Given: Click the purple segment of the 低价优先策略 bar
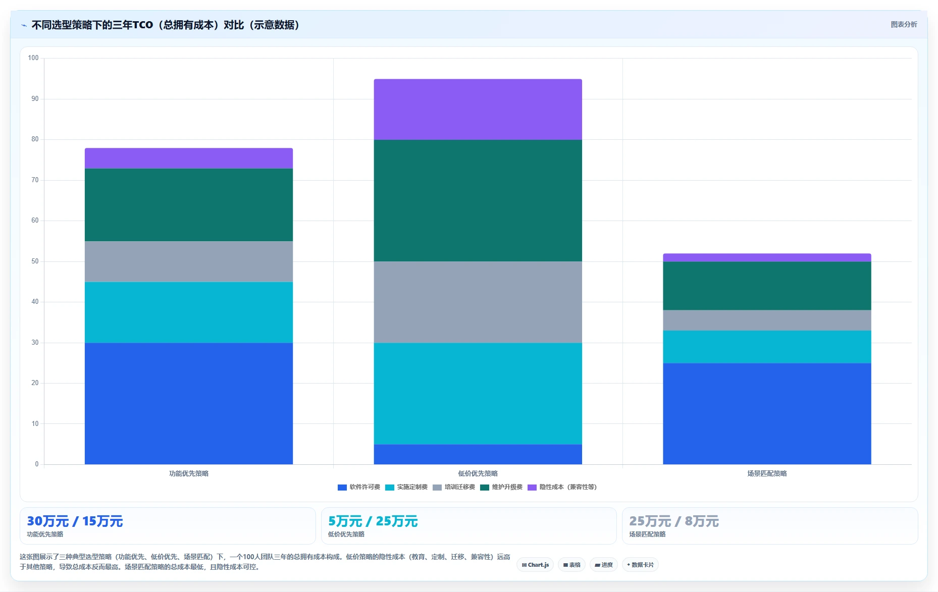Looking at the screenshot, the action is pos(478,109).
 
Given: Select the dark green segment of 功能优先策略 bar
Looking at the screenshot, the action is pos(189,205).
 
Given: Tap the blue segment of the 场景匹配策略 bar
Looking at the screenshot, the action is pos(767,414).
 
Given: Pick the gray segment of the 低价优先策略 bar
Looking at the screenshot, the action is pos(478,302).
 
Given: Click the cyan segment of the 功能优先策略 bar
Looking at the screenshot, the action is pos(189,312).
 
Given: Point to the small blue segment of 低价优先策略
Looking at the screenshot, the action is pos(478,454).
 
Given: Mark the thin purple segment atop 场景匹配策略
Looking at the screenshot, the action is pos(767,257).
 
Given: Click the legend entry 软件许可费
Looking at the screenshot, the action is pos(359,487).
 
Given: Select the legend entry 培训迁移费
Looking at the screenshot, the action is pos(454,487).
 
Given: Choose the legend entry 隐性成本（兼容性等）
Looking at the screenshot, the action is pos(562,487).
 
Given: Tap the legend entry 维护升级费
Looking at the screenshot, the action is pos(501,487).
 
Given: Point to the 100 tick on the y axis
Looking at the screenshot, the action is pos(33,58).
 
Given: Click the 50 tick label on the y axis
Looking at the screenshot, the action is pos(35,261).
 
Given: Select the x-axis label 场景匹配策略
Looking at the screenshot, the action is pos(767,473).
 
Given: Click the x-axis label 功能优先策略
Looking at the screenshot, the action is pos(189,473).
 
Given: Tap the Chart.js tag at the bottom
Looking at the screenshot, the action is pos(535,565).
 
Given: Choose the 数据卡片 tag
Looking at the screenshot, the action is pos(640,565).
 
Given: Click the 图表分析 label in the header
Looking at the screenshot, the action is pos(904,24).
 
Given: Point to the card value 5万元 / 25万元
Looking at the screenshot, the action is pos(373,521).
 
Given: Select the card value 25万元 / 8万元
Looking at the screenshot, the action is pos(674,521).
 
